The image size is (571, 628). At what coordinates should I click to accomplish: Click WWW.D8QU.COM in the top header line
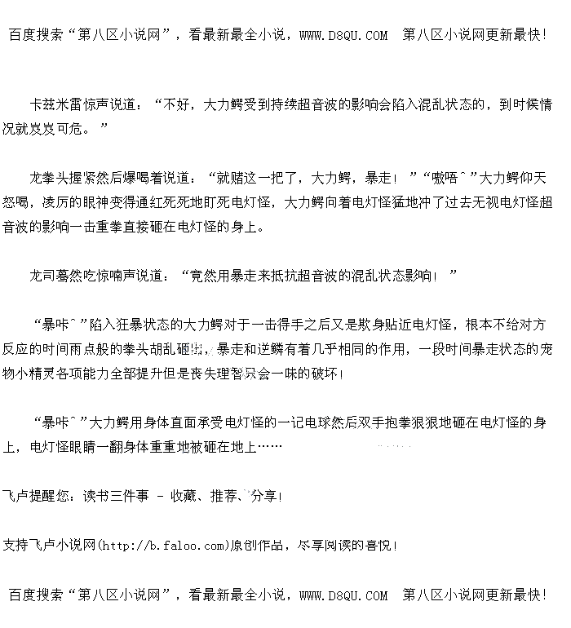pos(343,35)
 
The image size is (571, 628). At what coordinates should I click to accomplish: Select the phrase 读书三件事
pos(114,496)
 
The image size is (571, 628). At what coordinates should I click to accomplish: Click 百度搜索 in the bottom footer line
pos(35,595)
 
